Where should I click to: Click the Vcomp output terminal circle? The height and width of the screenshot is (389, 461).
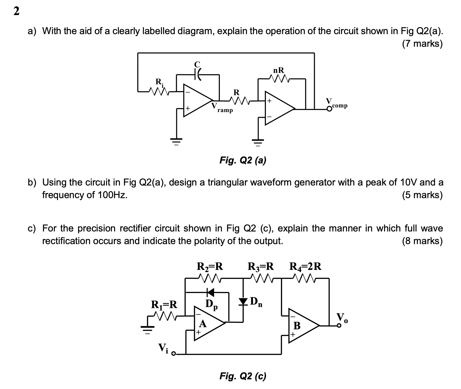pos(329,109)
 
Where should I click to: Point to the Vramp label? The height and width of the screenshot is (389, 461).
pos(222,108)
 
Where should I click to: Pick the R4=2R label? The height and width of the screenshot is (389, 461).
pos(305,266)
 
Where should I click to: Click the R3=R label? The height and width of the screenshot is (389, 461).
pos(261,266)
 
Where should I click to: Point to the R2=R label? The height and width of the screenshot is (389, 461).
pos(210,266)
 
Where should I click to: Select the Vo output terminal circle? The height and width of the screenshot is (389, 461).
pos(339,326)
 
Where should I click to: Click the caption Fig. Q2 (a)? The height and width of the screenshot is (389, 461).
pos(243,160)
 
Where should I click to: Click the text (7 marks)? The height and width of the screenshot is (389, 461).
pos(422,44)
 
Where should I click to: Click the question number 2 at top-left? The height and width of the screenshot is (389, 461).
pos(16,12)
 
